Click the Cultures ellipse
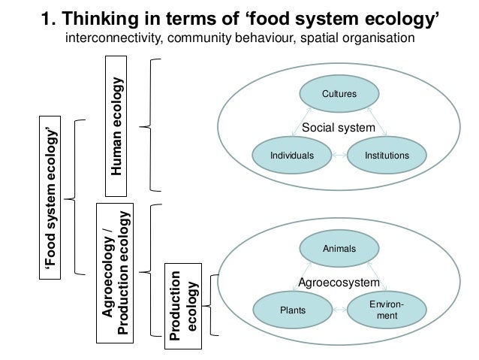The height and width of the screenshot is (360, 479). tap(339, 95)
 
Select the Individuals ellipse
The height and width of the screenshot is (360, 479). tap(291, 156)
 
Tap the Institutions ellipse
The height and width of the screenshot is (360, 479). tap(386, 156)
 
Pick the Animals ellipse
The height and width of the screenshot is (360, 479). tap(339, 247)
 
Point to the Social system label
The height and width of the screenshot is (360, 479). tap(338, 129)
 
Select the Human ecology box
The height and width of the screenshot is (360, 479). tap(116, 126)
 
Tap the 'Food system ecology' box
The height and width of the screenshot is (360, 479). tap(52, 196)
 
